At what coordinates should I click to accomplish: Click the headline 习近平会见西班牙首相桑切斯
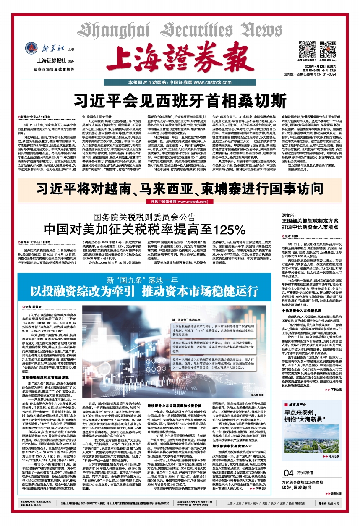tap(180, 100)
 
